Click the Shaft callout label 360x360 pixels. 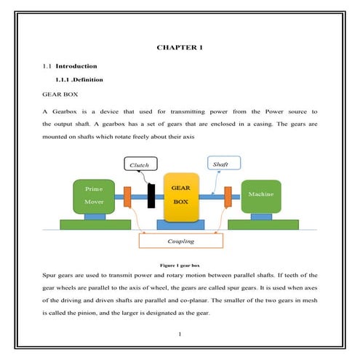click(220, 164)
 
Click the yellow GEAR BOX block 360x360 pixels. click(180, 198)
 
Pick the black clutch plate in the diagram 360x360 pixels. click(151, 195)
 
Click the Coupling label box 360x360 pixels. click(180, 241)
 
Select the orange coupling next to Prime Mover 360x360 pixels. click(127, 196)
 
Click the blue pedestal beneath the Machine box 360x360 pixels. click(260, 216)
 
